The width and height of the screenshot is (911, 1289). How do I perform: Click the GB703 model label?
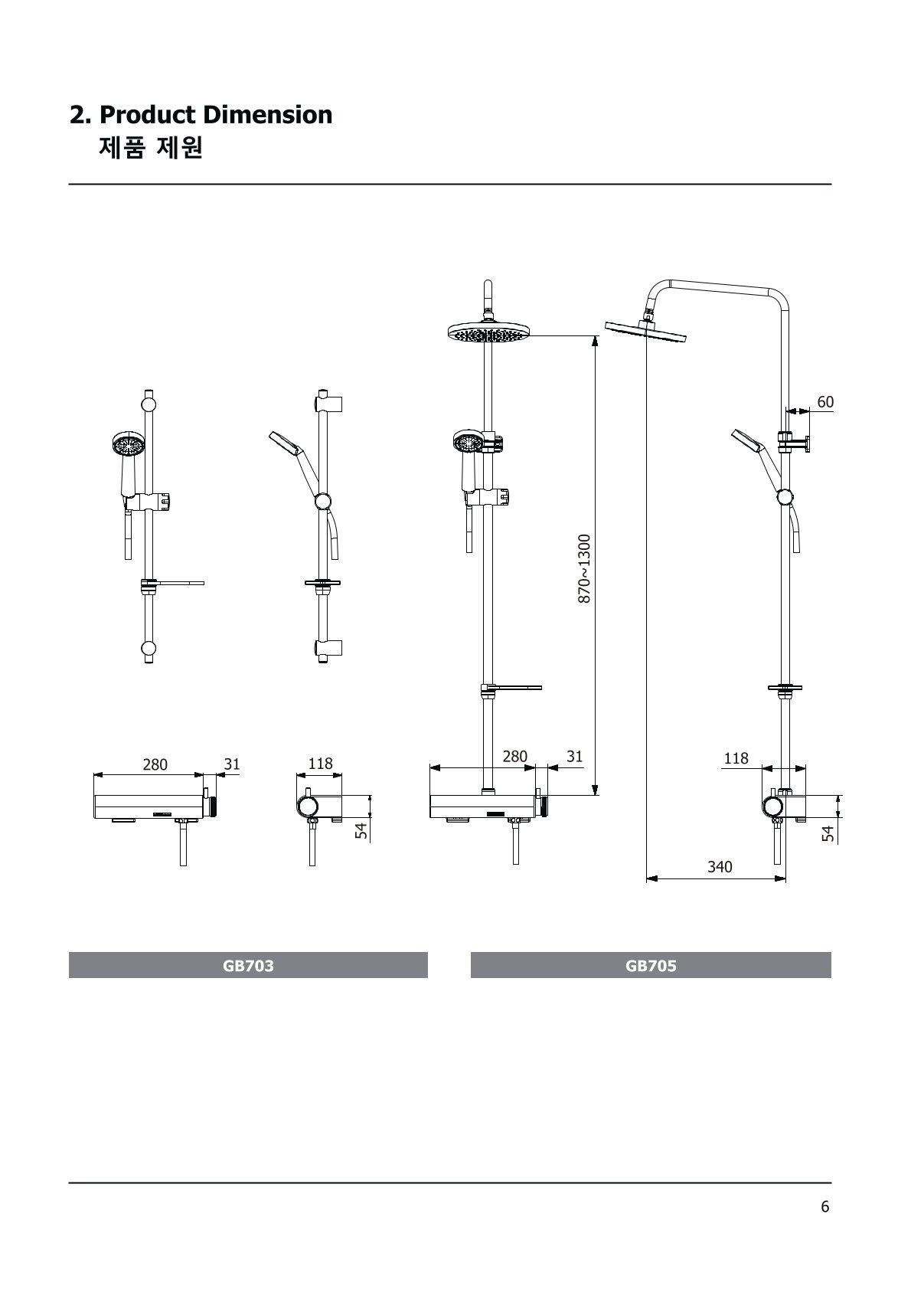(x=248, y=965)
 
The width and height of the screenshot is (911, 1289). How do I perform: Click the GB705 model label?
(x=651, y=965)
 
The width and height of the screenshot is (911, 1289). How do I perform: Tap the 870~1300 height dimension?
(x=584, y=568)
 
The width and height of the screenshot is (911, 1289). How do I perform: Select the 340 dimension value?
(x=720, y=867)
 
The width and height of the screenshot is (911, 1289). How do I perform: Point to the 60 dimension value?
(x=825, y=401)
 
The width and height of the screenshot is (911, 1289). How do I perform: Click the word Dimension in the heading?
(x=267, y=115)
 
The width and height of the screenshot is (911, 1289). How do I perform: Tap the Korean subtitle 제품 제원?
(x=151, y=148)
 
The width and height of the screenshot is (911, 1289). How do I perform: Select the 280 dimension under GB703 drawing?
(x=155, y=764)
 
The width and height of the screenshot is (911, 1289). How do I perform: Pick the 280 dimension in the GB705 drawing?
(x=514, y=756)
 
